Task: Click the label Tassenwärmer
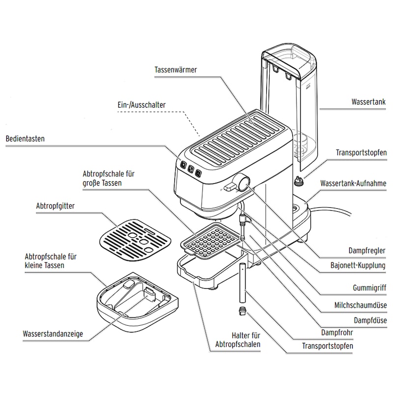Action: coord(175,70)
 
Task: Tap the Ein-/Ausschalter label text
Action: coord(141,105)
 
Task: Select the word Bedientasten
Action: coord(25,139)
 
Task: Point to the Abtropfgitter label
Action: coord(56,206)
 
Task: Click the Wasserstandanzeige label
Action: coord(53,334)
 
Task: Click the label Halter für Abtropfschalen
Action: coord(238,340)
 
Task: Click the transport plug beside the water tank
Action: coord(299,181)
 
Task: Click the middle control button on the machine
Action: coord(191,169)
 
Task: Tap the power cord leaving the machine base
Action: coord(334,210)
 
